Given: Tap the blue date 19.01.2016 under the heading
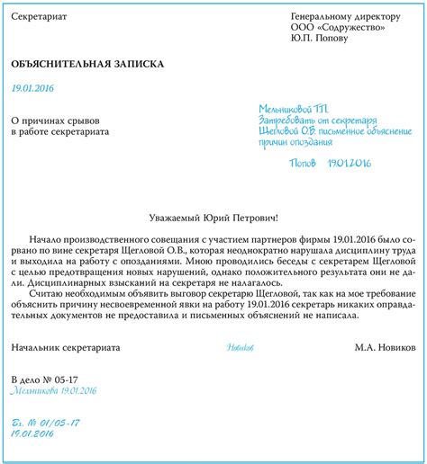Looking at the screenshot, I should [32, 87].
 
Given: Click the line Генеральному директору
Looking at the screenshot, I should [345, 17].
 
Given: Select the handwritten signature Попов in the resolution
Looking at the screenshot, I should [302, 163].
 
